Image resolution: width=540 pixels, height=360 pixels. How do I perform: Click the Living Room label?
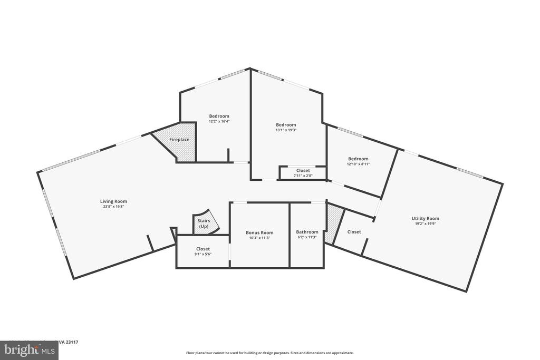(113, 201)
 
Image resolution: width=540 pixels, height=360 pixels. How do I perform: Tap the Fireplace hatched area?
(180, 140)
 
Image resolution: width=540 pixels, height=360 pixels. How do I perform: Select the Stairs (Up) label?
(204, 223)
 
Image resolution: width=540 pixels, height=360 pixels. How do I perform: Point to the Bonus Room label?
(259, 232)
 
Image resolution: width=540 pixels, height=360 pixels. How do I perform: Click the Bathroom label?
(307, 232)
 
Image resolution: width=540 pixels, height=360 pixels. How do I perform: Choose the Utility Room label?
(425, 218)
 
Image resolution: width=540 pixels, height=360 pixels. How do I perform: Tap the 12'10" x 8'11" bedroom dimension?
(358, 164)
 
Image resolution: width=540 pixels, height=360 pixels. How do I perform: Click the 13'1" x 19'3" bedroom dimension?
(286, 130)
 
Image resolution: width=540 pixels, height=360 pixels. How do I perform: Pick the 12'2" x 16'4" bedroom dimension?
(219, 121)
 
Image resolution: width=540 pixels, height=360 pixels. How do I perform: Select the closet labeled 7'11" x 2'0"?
(303, 173)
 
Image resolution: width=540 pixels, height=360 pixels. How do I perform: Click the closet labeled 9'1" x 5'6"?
(203, 252)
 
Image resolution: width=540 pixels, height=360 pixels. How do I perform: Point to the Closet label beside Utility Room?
(354, 232)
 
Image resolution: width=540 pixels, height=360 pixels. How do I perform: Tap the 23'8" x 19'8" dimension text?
(113, 207)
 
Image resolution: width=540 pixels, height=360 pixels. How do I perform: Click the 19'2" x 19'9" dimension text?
(425, 223)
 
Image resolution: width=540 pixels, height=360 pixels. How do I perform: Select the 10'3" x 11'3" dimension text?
(259, 238)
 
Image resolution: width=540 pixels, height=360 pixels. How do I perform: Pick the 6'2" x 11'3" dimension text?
(307, 237)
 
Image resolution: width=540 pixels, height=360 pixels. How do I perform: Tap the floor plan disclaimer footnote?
(269, 353)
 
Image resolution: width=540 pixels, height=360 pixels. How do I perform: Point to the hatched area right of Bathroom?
(333, 224)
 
